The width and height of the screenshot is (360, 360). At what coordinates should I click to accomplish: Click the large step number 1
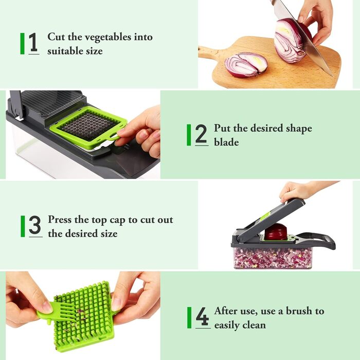pyautogui.click(x=33, y=42)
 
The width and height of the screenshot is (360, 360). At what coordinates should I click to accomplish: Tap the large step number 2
pyautogui.click(x=201, y=134)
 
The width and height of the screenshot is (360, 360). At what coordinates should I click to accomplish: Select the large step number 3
pyautogui.click(x=35, y=225)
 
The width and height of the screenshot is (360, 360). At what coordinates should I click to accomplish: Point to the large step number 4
pyautogui.click(x=202, y=316)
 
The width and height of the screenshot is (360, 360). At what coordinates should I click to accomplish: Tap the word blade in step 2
pyautogui.click(x=226, y=142)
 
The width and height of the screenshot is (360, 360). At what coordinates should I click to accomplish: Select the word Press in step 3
pyautogui.click(x=60, y=220)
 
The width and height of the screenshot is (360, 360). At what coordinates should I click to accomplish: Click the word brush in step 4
pyautogui.click(x=298, y=311)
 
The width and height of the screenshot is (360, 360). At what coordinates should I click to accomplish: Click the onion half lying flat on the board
pyautogui.click(x=246, y=65)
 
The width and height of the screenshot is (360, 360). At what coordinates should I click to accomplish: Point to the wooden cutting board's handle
pyautogui.click(x=207, y=52)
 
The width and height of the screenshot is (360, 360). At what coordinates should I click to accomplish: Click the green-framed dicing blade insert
pyautogui.click(x=88, y=127)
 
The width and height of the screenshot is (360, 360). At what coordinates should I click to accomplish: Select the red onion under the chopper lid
pyautogui.click(x=276, y=232)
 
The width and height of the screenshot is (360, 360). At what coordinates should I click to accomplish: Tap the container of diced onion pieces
pyautogui.click(x=273, y=258)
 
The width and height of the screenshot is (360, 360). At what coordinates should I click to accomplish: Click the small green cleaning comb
pyautogui.click(x=57, y=312)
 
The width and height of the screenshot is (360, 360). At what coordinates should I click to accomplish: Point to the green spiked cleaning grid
pyautogui.click(x=84, y=316)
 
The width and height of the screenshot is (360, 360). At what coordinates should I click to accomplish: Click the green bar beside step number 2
pyautogui.click(x=189, y=135)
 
